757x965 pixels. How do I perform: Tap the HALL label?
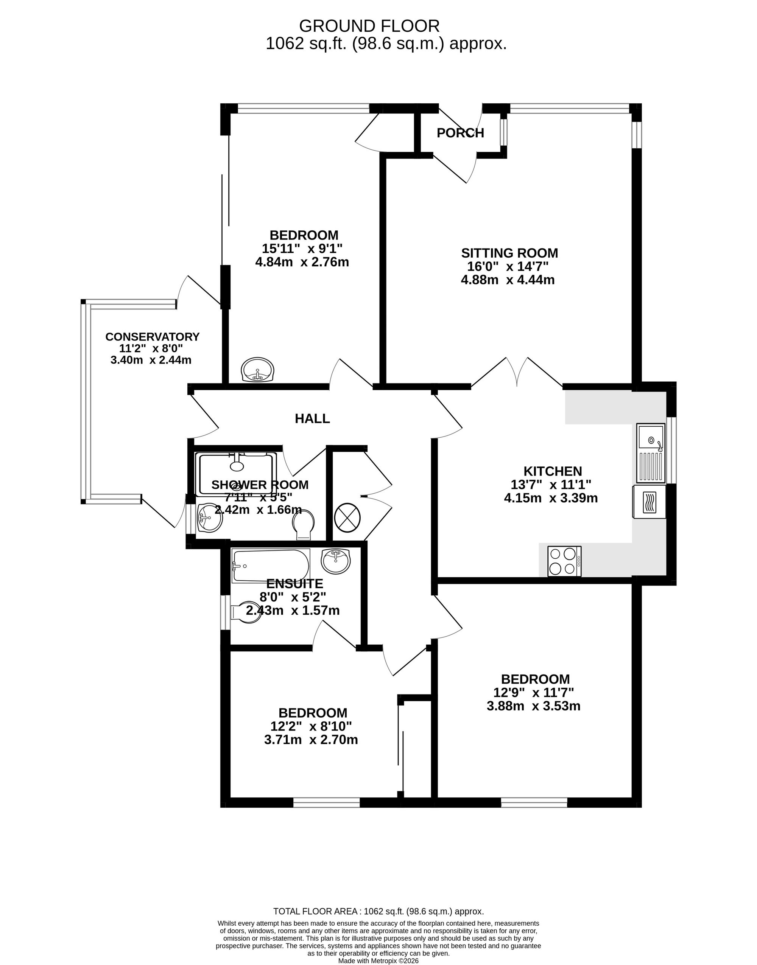(x=313, y=418)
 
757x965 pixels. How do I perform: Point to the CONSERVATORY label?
(x=153, y=337)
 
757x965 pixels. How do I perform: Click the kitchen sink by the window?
(x=651, y=453)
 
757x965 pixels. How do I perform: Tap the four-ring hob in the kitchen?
(x=564, y=561)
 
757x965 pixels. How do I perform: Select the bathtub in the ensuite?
(x=270, y=566)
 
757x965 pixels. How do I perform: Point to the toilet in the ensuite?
(x=246, y=612)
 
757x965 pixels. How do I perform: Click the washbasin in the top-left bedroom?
(x=258, y=370)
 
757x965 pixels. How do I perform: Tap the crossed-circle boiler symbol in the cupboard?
(x=347, y=517)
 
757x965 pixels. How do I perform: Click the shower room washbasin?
(x=209, y=518)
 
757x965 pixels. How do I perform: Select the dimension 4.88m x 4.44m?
(x=508, y=280)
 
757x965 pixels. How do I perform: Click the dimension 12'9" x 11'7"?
(x=534, y=692)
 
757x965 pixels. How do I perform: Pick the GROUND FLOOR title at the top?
(x=369, y=26)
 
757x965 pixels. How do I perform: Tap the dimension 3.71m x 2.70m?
(x=311, y=740)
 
